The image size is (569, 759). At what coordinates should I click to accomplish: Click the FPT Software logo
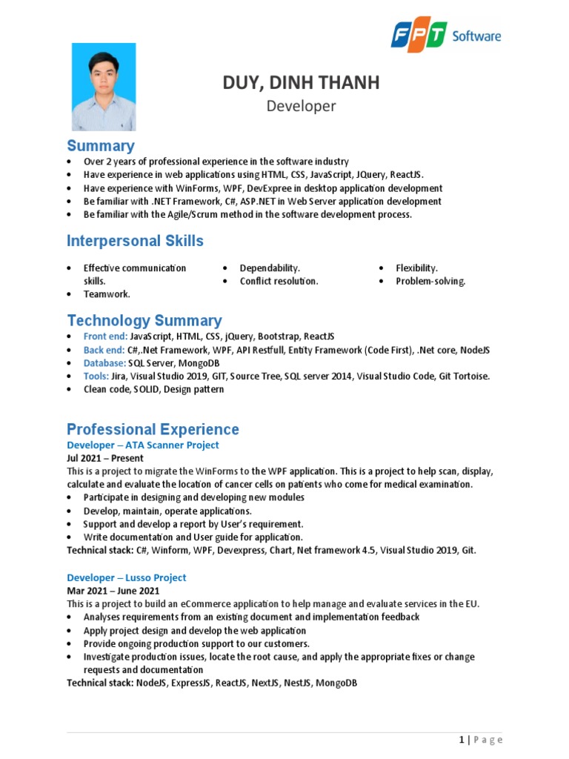point(446,36)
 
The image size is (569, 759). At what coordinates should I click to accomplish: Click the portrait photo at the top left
point(104,87)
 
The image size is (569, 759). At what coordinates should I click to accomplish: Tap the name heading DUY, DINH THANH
point(301,83)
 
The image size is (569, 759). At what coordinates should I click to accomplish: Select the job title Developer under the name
point(301,106)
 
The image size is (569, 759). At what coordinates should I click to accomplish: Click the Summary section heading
point(101,145)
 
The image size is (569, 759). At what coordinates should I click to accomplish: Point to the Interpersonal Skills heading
point(135,241)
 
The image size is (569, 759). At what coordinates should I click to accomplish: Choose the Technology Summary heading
point(144,320)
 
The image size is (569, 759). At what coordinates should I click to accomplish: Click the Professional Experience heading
point(153,429)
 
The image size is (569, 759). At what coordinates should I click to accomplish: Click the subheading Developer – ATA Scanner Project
point(143,445)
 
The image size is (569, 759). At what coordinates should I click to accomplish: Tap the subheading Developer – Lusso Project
point(127,577)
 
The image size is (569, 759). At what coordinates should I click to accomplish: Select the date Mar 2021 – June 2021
point(113,591)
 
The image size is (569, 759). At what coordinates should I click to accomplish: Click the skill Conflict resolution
point(279,281)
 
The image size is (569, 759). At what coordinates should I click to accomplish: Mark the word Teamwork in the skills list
point(107,294)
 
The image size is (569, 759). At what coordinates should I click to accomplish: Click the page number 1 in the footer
point(462,740)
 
